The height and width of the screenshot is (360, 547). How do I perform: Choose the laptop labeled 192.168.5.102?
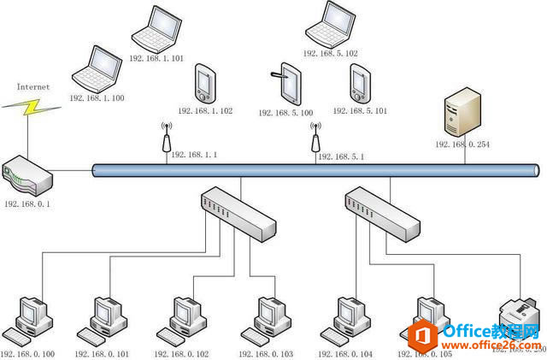coord(330,24)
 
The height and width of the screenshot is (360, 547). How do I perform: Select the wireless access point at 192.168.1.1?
coord(167,139)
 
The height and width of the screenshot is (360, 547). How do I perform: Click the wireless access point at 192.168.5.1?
coord(315,139)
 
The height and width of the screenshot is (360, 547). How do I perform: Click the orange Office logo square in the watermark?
coord(419,333)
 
